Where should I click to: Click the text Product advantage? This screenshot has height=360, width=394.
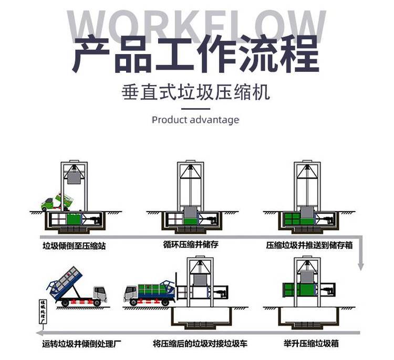(195, 120)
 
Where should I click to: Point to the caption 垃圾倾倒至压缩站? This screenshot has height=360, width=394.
(74, 245)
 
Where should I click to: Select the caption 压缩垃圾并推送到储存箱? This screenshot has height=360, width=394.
(310, 245)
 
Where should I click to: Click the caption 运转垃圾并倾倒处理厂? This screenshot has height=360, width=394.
(80, 345)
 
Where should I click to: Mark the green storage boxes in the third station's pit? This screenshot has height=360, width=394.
(292, 219)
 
